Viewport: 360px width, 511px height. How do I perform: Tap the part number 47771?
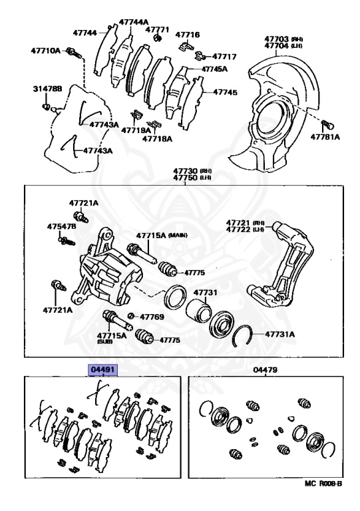click(158, 30)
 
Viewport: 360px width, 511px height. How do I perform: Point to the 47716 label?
click(189, 34)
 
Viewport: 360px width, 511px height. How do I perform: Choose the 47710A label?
click(45, 51)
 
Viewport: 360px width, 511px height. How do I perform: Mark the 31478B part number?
click(47, 88)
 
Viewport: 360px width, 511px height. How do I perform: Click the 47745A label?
click(215, 69)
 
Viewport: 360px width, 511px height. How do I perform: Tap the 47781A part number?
click(325, 137)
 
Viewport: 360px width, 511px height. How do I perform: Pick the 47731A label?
click(279, 335)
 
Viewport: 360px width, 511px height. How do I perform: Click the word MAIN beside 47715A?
click(178, 236)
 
